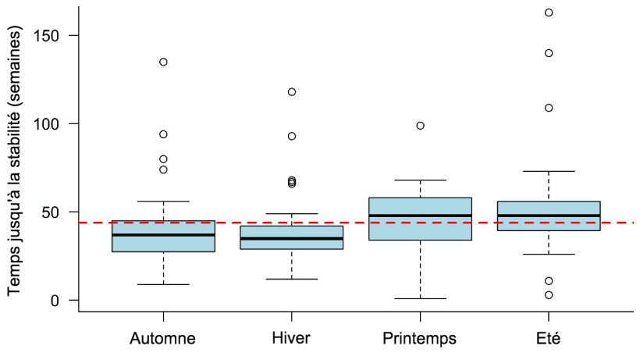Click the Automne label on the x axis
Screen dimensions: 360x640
[163, 339]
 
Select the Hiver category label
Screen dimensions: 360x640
[291, 339]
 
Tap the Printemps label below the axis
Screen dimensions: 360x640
[420, 339]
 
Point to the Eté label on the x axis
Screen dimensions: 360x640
[549, 339]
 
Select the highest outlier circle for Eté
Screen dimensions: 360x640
[549, 12]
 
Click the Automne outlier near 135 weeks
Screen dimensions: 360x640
[163, 62]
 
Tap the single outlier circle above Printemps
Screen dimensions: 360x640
[420, 125]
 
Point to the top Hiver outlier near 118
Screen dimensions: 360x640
[292, 91]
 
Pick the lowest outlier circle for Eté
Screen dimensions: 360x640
[549, 295]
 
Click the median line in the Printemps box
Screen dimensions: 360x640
[420, 216]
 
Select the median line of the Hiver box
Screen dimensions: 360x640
[292, 238]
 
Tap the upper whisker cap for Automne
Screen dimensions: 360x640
[163, 201]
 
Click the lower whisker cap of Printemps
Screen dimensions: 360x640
[420, 298]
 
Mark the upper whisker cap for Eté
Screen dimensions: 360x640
[549, 171]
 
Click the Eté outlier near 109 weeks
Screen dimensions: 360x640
[549, 108]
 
